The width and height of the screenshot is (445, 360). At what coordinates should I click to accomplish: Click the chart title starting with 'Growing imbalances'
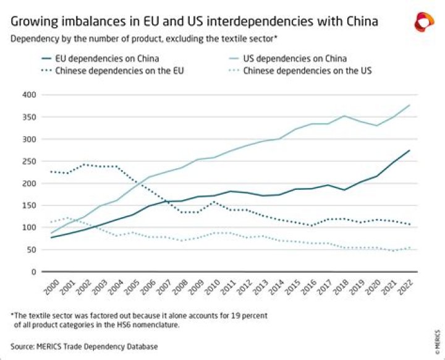194,22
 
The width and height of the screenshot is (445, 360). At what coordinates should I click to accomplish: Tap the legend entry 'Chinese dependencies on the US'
307,71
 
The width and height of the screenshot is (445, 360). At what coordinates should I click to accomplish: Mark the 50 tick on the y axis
30,250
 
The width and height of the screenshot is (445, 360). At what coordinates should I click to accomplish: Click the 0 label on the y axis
32,272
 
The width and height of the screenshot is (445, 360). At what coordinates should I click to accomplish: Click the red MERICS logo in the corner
423,22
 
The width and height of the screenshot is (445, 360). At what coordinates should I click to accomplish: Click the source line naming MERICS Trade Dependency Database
83,346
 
